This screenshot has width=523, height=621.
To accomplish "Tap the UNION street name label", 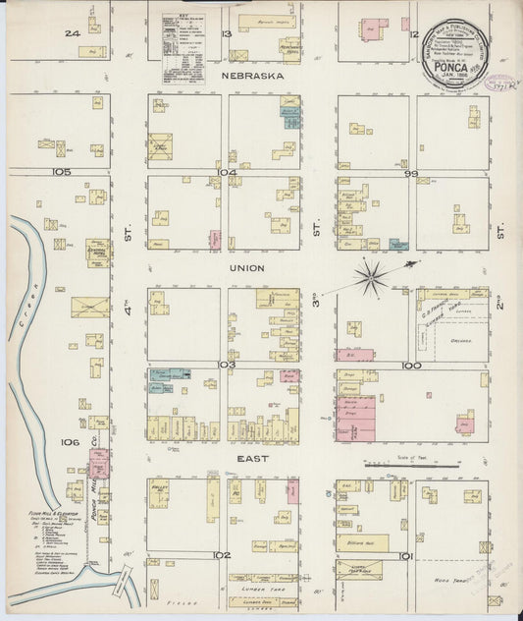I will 247,266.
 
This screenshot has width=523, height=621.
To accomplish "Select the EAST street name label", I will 248,457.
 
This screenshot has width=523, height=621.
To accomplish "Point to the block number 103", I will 227,364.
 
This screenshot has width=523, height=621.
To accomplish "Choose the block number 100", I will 410,364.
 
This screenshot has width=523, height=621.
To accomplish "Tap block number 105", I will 63,171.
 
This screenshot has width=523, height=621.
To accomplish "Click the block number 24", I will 71,33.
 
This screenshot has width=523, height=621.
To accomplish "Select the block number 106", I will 69,442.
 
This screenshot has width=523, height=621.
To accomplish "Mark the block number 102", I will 222,555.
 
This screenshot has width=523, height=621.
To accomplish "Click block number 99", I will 410,173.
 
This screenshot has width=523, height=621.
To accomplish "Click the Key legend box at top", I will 183,48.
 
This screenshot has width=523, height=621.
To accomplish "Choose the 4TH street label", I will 129,316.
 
